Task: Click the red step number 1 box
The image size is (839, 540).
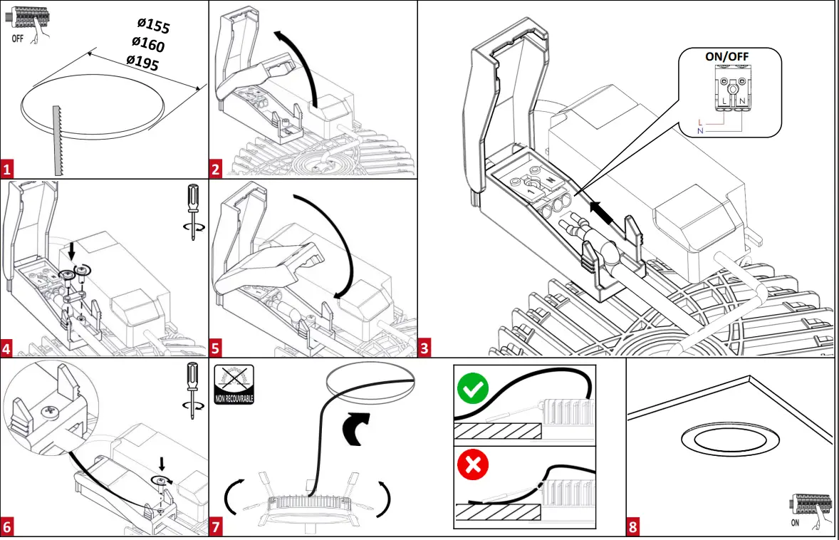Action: coord(8,170)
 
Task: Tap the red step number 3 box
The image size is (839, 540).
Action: coord(425,348)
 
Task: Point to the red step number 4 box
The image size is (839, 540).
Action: coord(8,348)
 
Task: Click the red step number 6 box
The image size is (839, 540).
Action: coord(8,528)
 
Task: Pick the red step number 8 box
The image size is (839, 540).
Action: coord(633,528)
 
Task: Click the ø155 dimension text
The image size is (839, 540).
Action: coord(154,26)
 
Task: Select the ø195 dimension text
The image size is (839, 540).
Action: coord(142,63)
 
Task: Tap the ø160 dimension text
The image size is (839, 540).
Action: coord(147,44)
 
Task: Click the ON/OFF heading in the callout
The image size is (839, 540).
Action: coord(727,56)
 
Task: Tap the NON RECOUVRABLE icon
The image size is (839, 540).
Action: coord(234,385)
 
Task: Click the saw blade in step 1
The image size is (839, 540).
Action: coord(57,139)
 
